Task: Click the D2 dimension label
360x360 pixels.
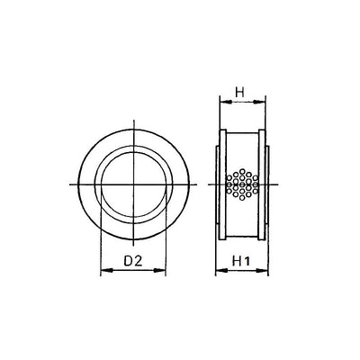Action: coord(133,261)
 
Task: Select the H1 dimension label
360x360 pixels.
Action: coord(241,261)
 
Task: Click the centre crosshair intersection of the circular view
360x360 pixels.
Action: coord(132,184)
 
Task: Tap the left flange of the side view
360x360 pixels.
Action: coord(220,184)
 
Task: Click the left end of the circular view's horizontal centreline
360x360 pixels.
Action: coord(70,184)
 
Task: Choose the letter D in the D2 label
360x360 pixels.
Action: coord(127,261)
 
